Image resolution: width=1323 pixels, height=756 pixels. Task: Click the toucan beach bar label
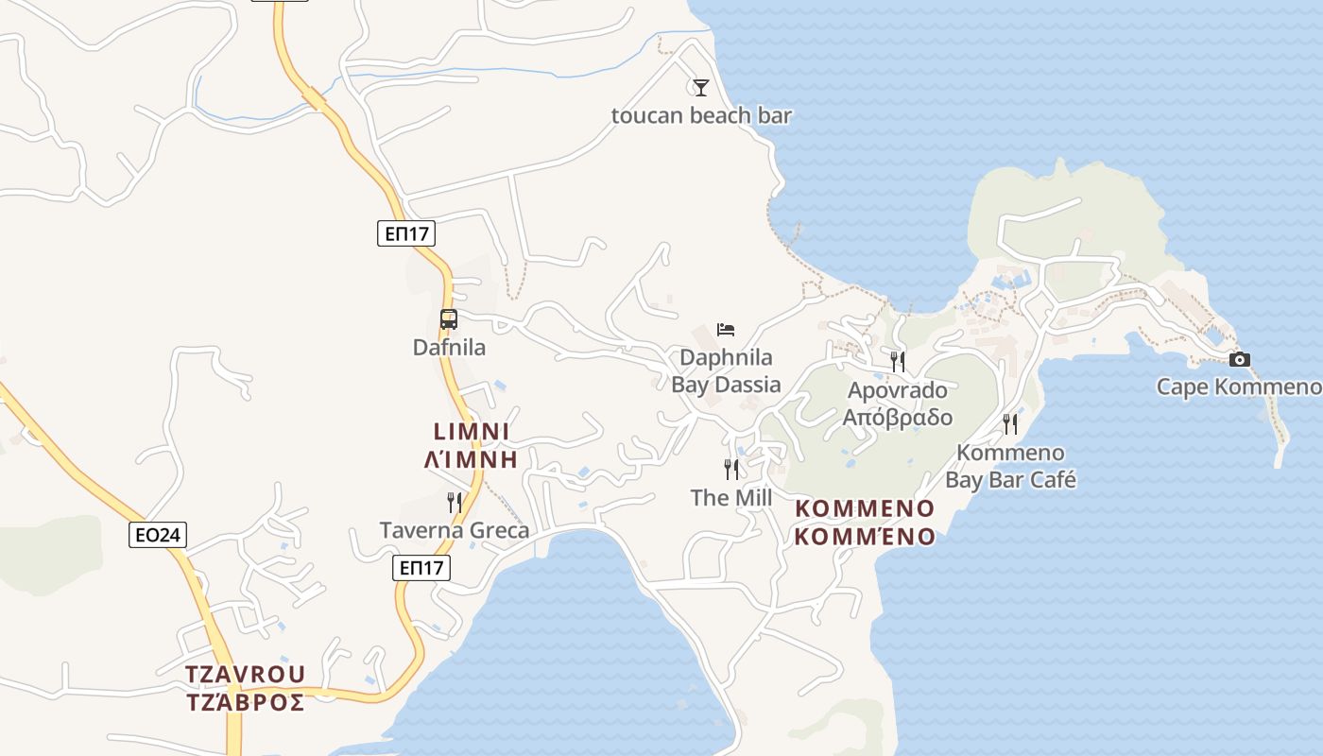point(701,116)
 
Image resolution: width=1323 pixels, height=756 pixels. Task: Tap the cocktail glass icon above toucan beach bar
point(700,88)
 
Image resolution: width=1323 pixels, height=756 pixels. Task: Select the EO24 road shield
point(158,536)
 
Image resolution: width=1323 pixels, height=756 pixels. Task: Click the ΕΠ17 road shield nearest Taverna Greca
point(421,568)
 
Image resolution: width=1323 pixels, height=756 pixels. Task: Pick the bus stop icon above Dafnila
point(449,319)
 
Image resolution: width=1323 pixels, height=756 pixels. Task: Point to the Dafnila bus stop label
point(449,348)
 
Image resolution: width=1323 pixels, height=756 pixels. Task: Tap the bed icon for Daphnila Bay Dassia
point(726,329)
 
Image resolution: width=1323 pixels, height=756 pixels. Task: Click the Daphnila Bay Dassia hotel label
point(726,371)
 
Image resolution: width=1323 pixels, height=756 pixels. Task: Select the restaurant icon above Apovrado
point(898,361)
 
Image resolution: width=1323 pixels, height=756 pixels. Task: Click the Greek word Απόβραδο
point(898,418)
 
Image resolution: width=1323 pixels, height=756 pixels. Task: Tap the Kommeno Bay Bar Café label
point(1010,466)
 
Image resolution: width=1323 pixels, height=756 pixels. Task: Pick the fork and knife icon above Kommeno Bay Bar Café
point(1010,423)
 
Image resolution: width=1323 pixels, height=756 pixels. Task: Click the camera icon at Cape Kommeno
point(1240,359)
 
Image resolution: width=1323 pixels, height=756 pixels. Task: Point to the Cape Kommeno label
point(1239,387)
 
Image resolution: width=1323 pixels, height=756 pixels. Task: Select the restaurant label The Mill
point(731,498)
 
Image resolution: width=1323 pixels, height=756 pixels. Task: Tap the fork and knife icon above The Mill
point(731,469)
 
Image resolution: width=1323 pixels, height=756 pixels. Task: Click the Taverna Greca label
point(455,530)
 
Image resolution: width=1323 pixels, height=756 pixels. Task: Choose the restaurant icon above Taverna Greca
point(455,502)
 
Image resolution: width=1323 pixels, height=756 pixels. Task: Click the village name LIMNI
point(472,432)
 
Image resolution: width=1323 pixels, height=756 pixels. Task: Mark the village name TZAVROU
point(246,674)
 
